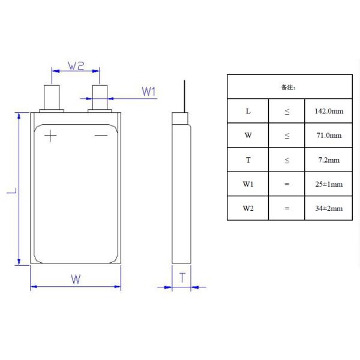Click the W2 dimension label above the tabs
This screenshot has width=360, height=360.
click(75, 65)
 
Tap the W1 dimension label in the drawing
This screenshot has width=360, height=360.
click(149, 91)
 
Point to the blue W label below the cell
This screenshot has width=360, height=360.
click(76, 279)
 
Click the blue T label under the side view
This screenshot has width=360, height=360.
click(182, 277)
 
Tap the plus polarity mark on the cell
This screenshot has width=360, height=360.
click(50, 136)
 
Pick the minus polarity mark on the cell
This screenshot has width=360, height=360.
click(101, 136)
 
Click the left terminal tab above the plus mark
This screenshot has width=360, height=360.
click(52, 96)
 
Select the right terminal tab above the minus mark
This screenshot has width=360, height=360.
click(100, 96)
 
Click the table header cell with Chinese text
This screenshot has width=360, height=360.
click(289, 87)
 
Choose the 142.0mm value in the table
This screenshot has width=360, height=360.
click(328, 112)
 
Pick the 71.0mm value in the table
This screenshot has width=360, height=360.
click(328, 136)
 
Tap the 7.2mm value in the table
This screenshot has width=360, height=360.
click(328, 160)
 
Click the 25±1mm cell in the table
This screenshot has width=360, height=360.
click(328, 184)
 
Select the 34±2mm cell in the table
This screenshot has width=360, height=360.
click(328, 208)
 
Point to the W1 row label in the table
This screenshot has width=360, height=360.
click(248, 184)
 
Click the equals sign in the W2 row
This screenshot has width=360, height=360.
click(287, 208)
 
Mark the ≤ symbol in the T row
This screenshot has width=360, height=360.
click(287, 160)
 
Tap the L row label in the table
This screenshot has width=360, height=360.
click(248, 112)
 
